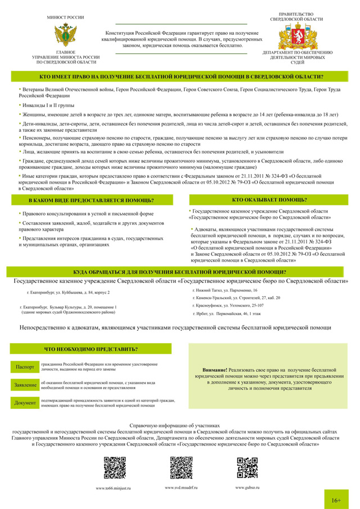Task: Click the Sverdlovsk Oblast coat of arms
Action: (296, 36)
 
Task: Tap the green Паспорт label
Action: (25, 367)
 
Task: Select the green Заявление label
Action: (25, 384)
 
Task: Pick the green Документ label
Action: (25, 403)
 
